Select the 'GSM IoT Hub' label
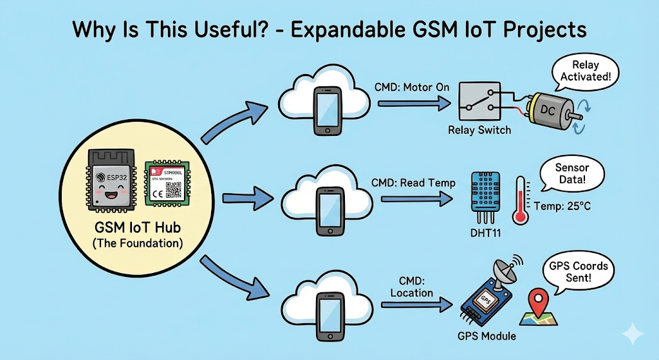tap(137, 229)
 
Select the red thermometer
tap(520, 200)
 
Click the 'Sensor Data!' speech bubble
tap(571, 173)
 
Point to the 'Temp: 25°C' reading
tap(562, 207)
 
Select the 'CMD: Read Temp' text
tap(413, 183)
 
